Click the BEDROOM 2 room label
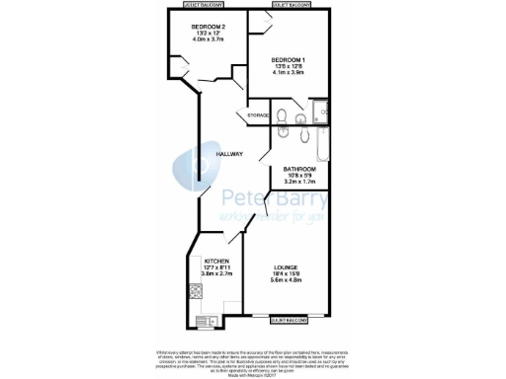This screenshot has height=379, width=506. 210,26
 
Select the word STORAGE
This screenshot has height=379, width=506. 258,116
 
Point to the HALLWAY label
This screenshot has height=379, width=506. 230,153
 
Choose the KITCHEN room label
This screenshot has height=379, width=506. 216,261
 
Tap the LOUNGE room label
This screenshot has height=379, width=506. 288,266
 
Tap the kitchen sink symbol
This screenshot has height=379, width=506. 208,320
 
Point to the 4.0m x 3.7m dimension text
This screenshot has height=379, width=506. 210,40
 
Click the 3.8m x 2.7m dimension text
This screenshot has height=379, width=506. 216,275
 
